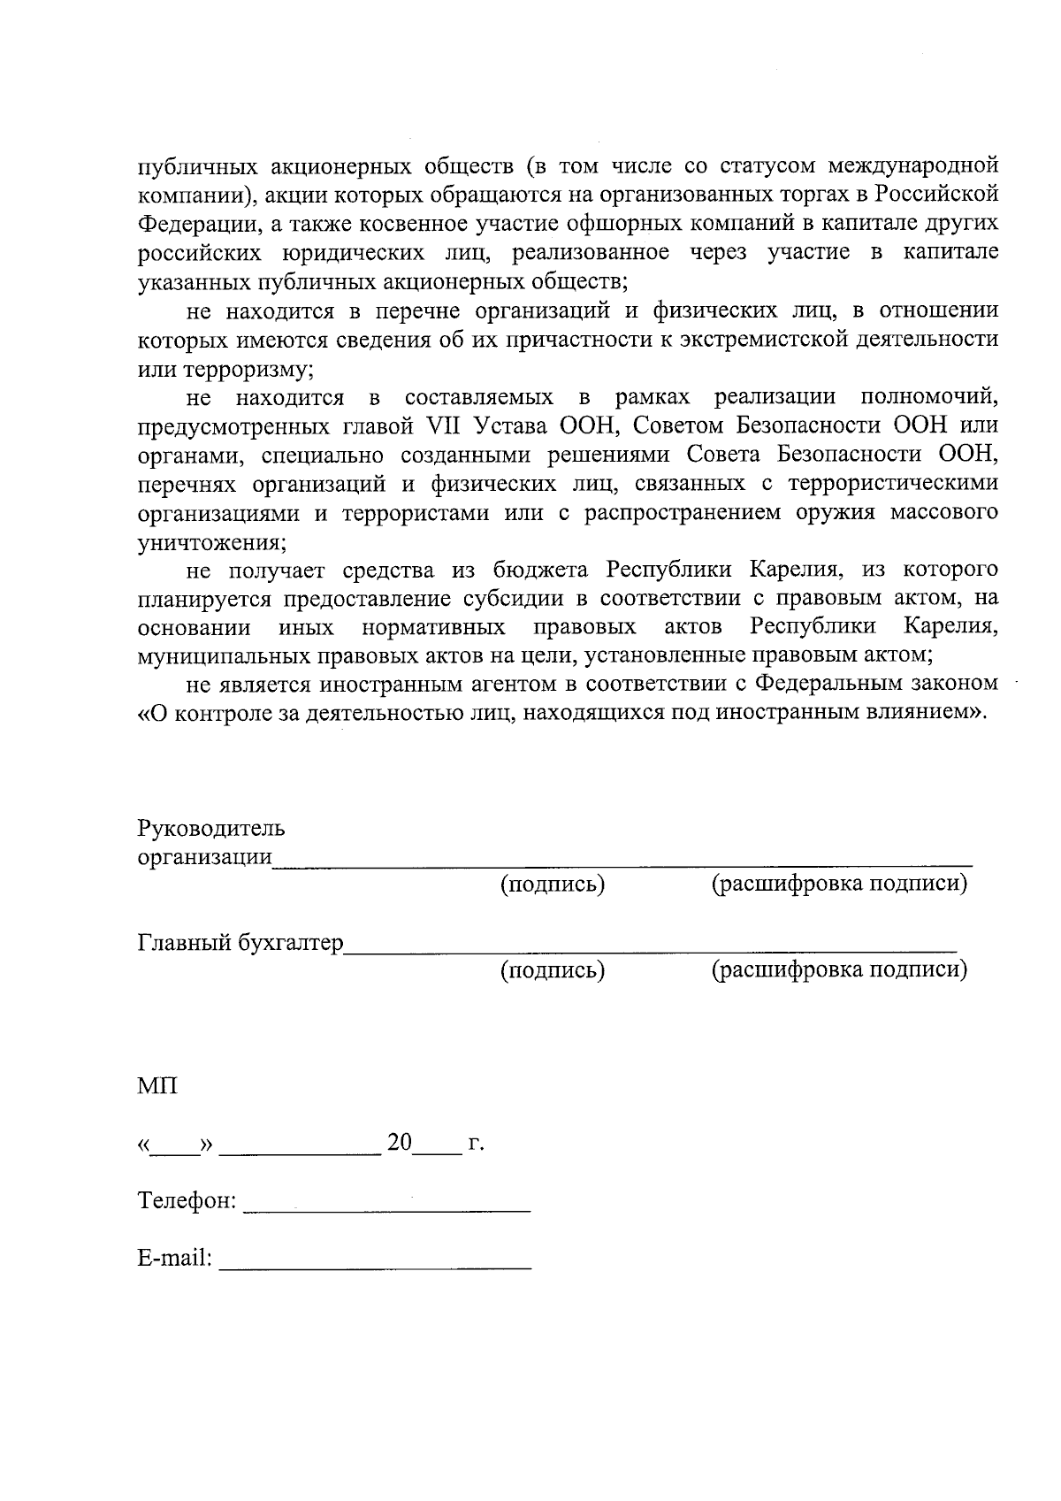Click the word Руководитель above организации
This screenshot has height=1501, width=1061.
tap(210, 829)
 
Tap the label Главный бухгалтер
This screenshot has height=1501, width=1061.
tap(240, 943)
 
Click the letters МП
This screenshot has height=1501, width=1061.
tap(157, 1085)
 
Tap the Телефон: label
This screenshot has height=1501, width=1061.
tap(187, 1200)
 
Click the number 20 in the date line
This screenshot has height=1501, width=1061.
tap(400, 1143)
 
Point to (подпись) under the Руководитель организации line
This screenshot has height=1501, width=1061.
tap(553, 885)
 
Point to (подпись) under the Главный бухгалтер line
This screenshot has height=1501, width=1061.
tap(553, 970)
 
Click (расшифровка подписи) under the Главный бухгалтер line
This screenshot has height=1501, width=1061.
tap(839, 970)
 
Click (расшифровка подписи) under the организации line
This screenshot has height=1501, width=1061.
tap(839, 885)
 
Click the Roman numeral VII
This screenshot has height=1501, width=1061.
tap(439, 425)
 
